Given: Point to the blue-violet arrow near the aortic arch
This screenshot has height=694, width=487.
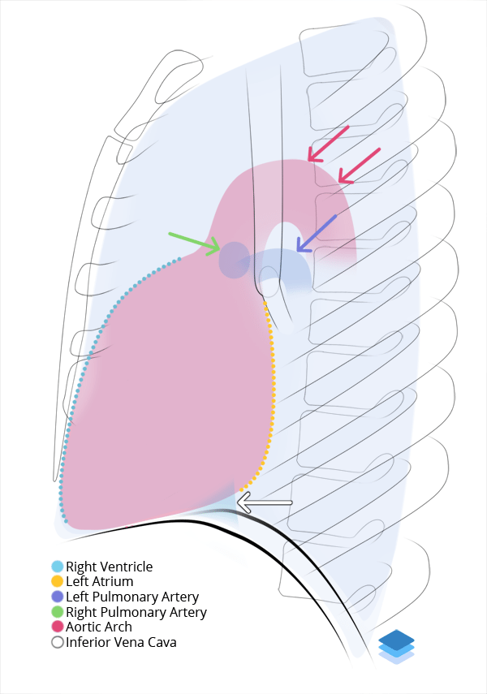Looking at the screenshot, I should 317,233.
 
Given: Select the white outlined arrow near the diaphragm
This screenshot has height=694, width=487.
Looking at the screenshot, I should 264,504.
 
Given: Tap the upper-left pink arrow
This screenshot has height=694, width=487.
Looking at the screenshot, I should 328,143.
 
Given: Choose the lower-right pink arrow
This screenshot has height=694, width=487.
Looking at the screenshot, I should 359,166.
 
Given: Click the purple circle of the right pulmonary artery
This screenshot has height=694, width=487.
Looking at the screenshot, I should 235,260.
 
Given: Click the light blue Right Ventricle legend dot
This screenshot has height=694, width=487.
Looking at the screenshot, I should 57,567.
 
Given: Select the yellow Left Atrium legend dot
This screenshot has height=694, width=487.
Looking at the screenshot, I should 57,581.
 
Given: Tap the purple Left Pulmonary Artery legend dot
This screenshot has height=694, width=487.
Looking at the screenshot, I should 57,597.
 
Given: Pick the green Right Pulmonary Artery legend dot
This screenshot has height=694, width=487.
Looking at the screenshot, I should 57,612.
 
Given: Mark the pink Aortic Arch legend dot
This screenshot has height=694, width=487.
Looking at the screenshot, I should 57,627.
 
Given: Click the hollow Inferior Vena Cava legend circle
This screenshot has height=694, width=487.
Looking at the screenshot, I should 57,642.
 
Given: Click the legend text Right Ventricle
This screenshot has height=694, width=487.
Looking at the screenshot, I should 109,567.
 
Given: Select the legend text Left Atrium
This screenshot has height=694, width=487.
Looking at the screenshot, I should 99,581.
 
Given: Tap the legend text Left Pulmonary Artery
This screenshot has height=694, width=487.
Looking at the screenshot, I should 132,597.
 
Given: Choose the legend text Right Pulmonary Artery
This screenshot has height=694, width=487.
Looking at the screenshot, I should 136,612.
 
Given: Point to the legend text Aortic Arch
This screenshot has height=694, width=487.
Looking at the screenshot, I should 99,627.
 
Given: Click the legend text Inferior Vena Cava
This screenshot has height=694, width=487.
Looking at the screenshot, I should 121,642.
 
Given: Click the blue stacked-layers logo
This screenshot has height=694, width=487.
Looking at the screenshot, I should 396,646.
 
